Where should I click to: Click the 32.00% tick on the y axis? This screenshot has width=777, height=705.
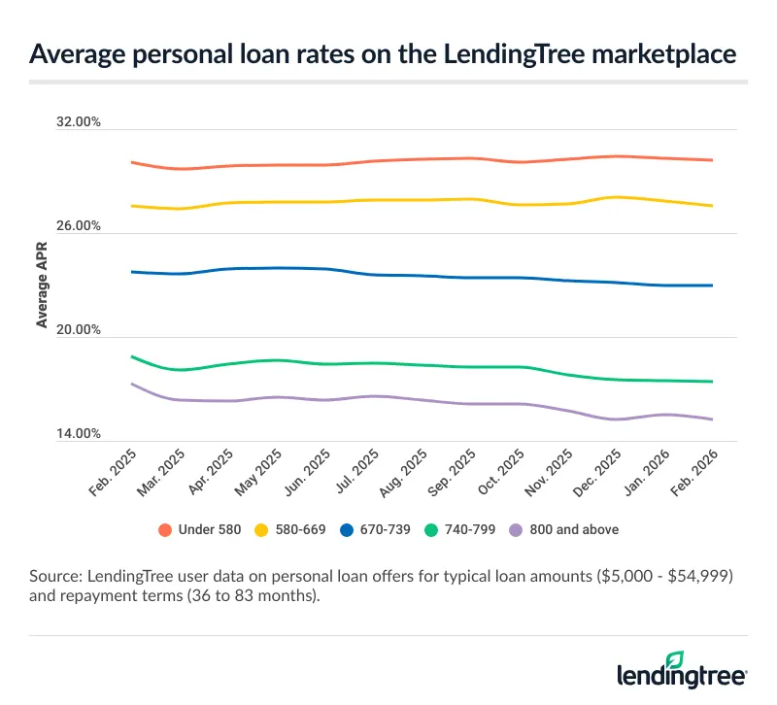pos(80,123)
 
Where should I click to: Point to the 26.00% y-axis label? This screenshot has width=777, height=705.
pos(80,226)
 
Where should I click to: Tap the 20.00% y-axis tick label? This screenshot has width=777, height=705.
pos(80,330)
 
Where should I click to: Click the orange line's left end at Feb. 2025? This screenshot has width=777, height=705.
pos(131,162)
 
